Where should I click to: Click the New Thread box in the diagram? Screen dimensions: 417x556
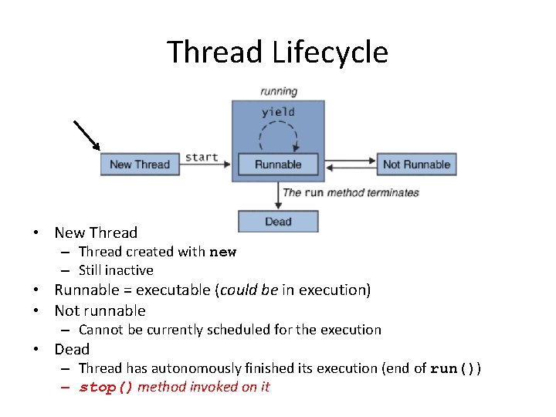pyautogui.click(x=139, y=164)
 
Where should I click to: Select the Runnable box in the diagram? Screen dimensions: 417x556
pyautogui.click(x=278, y=164)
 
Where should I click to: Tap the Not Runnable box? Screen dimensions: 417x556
pyautogui.click(x=416, y=164)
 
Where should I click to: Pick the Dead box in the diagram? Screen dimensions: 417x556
pyautogui.click(x=278, y=222)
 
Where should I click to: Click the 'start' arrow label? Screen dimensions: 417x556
pyautogui.click(x=202, y=157)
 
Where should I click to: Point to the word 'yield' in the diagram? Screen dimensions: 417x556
pyautogui.click(x=278, y=112)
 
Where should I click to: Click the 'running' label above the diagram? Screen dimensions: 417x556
pyautogui.click(x=278, y=91)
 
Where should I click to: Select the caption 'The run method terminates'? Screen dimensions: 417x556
pyautogui.click(x=351, y=192)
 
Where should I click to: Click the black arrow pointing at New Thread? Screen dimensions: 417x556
pyautogui.click(x=87, y=134)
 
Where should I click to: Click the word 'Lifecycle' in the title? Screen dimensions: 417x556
pyautogui.click(x=330, y=53)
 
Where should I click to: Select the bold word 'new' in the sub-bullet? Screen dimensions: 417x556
pyautogui.click(x=223, y=252)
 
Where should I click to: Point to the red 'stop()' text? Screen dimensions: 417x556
pyautogui.click(x=107, y=387)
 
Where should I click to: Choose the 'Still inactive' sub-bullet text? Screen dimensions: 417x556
pyautogui.click(x=116, y=270)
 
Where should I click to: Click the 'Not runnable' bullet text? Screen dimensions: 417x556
pyautogui.click(x=100, y=310)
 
